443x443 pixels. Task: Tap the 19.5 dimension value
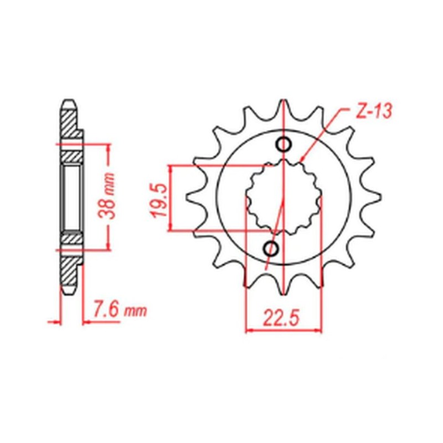tap(157, 197)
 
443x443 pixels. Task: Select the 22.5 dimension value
tap(281, 318)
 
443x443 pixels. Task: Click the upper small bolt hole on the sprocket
tap(284, 145)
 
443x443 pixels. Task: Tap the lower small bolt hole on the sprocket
tap(272, 248)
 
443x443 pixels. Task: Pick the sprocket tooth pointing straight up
tap(284, 108)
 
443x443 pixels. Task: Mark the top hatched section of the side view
tap(69, 125)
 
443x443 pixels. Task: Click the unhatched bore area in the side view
tap(70, 197)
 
